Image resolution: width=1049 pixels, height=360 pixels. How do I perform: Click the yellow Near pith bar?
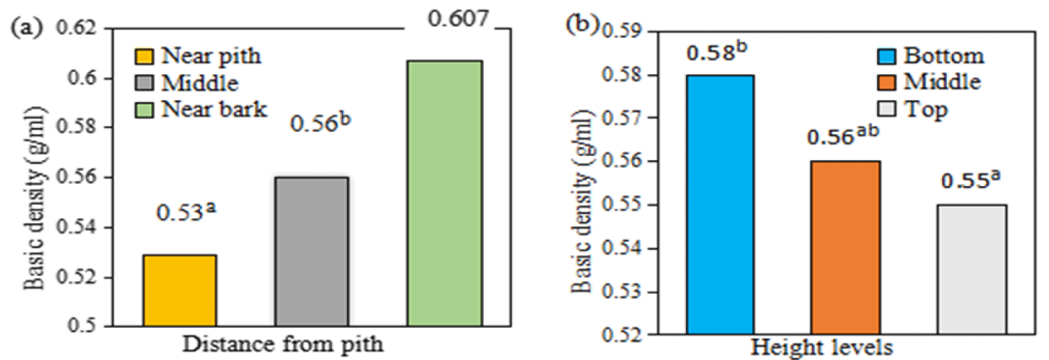click(x=180, y=291)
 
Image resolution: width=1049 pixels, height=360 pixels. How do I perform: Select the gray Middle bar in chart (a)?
click(x=311, y=252)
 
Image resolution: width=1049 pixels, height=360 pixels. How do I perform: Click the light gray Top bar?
click(x=972, y=269)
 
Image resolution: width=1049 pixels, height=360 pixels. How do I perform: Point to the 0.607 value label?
click(x=457, y=19)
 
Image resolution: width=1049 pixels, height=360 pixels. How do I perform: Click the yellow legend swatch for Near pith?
click(x=146, y=55)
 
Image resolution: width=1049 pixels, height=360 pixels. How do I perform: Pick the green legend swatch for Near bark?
click(x=146, y=110)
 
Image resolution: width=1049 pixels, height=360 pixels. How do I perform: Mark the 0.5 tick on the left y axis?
click(x=93, y=327)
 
